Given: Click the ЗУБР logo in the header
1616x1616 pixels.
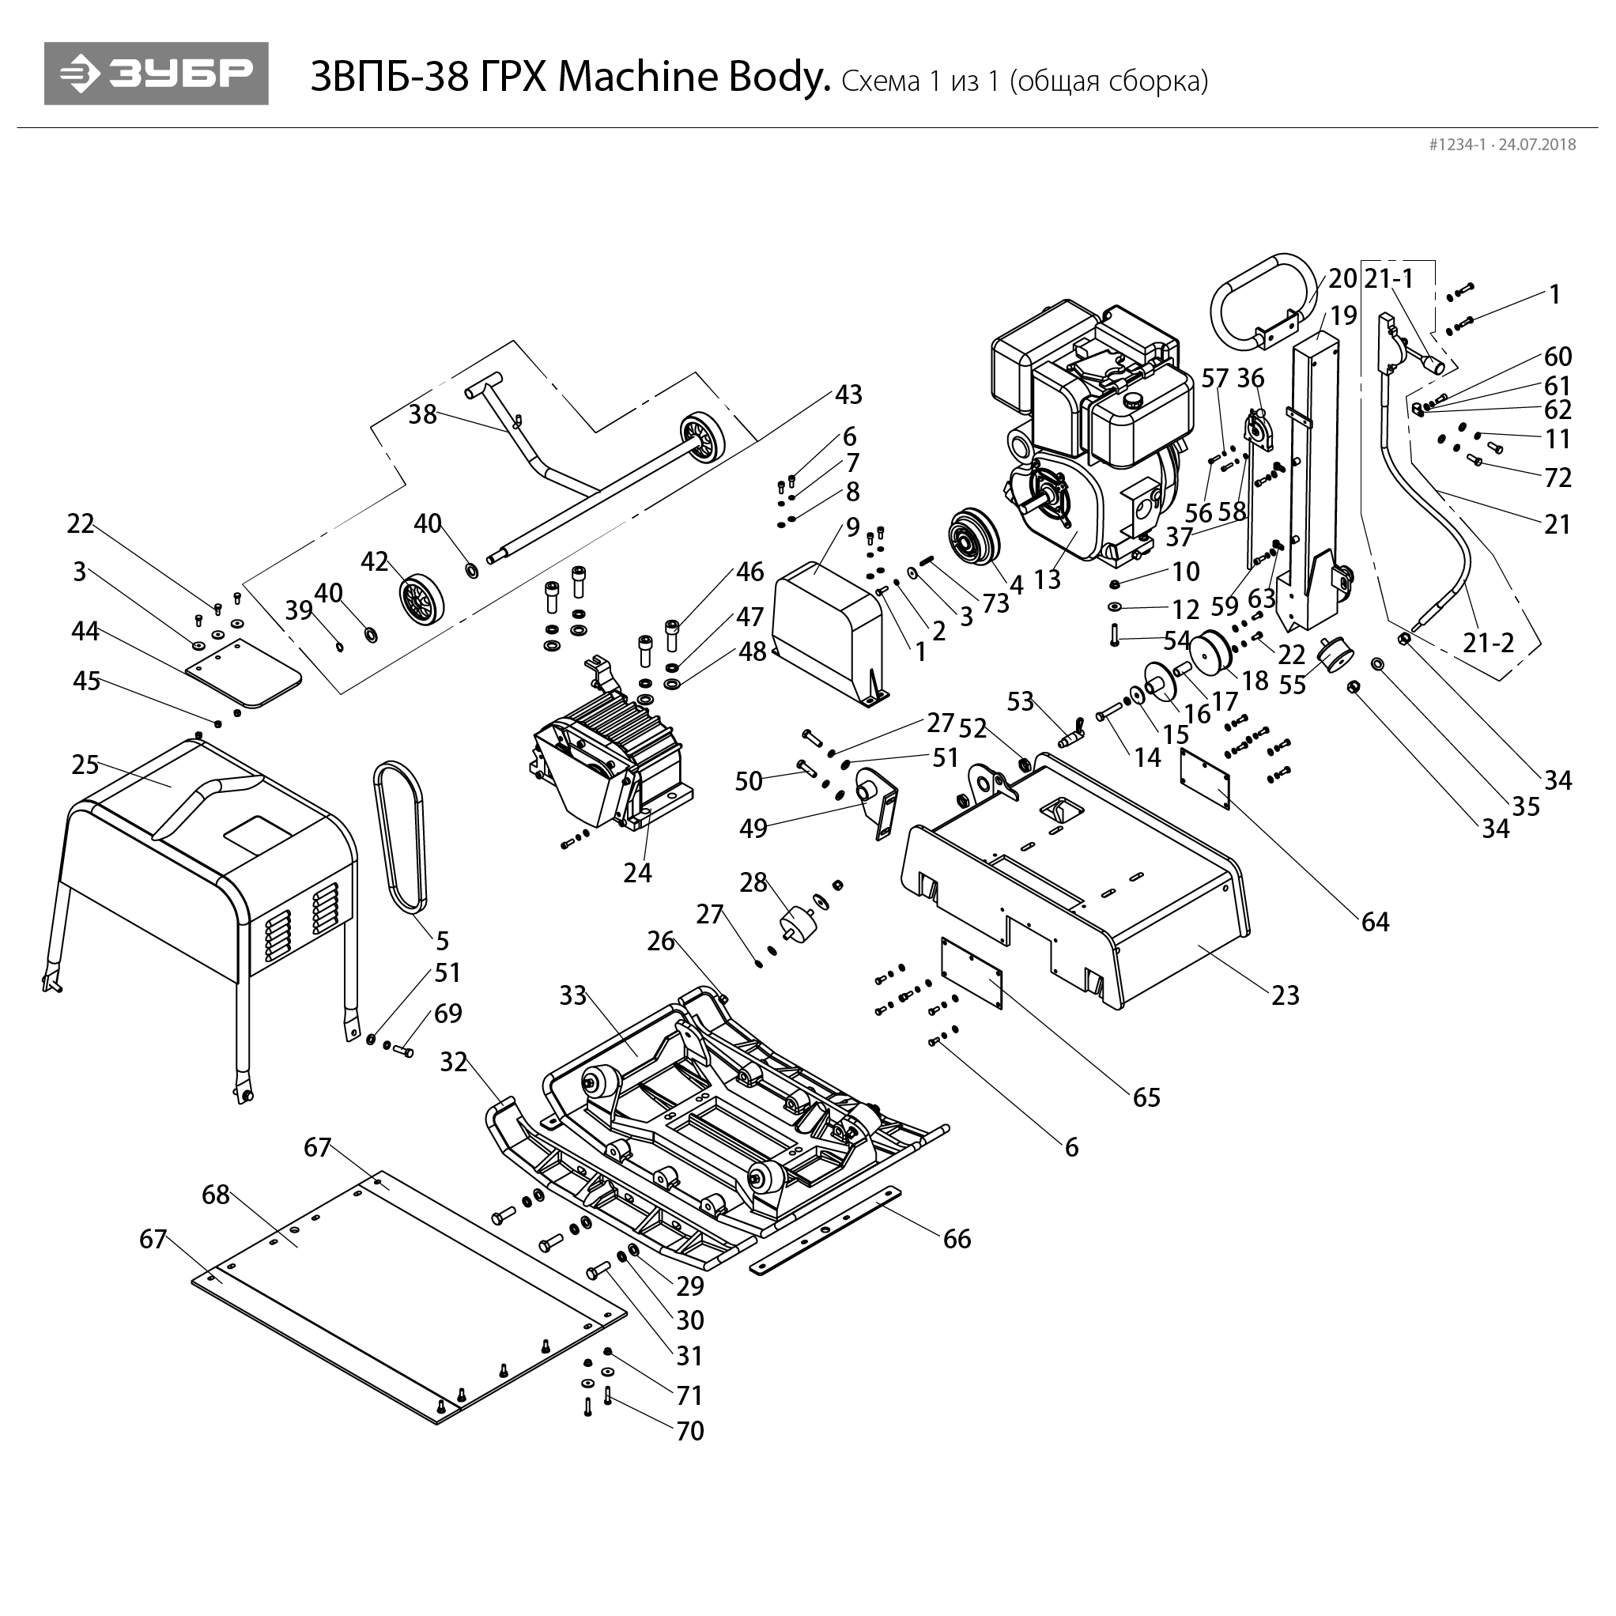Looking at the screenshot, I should [x=157, y=74].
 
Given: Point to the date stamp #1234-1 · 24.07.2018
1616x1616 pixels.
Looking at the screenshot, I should [x=1502, y=145].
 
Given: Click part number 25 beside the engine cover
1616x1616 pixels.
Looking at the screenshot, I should [x=85, y=765].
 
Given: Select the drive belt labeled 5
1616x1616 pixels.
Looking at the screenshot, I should [x=400, y=836].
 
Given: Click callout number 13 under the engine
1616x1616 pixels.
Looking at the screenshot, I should [x=1047, y=580].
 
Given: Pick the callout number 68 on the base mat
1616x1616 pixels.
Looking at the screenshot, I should [x=216, y=1195].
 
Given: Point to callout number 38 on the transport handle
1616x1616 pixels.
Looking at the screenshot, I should [x=422, y=414].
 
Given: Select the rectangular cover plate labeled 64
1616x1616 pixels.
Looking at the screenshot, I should [x=1204, y=778].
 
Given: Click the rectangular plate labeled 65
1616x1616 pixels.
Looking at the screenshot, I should [x=971, y=972].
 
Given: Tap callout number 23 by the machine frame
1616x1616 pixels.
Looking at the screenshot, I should [x=1286, y=995].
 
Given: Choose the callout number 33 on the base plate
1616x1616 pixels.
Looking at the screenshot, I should [x=573, y=995].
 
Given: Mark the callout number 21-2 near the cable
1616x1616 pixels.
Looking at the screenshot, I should [x=1489, y=643].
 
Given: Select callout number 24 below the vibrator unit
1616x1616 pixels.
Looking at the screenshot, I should [x=637, y=872].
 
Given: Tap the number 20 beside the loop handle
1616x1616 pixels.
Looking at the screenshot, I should [x=1342, y=278].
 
